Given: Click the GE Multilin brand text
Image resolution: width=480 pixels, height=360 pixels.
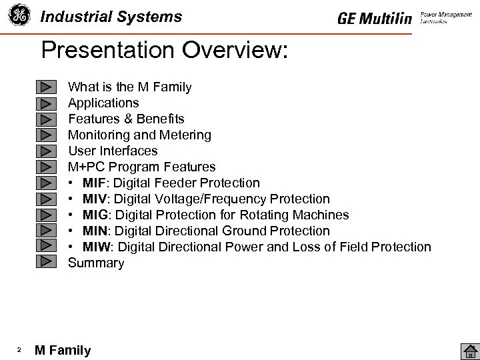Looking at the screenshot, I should (375, 19).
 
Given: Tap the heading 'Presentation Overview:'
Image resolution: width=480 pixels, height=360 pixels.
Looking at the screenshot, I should (164, 51).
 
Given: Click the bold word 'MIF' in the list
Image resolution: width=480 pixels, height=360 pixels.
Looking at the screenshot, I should (95, 183).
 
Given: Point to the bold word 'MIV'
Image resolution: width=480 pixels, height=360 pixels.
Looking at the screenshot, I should (95, 199).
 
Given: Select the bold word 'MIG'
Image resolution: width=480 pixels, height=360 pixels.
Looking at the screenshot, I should (95, 215).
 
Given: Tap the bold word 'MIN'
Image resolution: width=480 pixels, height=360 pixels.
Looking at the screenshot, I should (95, 231).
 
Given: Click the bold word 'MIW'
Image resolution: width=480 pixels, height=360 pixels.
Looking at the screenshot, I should (96, 247).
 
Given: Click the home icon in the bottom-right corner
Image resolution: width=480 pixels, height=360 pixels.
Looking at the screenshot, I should (470, 351).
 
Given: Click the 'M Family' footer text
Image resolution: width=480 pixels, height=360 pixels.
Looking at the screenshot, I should (63, 351).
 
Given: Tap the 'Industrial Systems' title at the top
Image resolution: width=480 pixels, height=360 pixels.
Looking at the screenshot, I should (111, 17).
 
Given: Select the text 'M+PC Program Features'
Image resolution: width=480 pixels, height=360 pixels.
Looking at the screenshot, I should (142, 167).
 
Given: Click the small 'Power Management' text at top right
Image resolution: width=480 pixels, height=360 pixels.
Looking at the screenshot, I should (446, 14).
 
